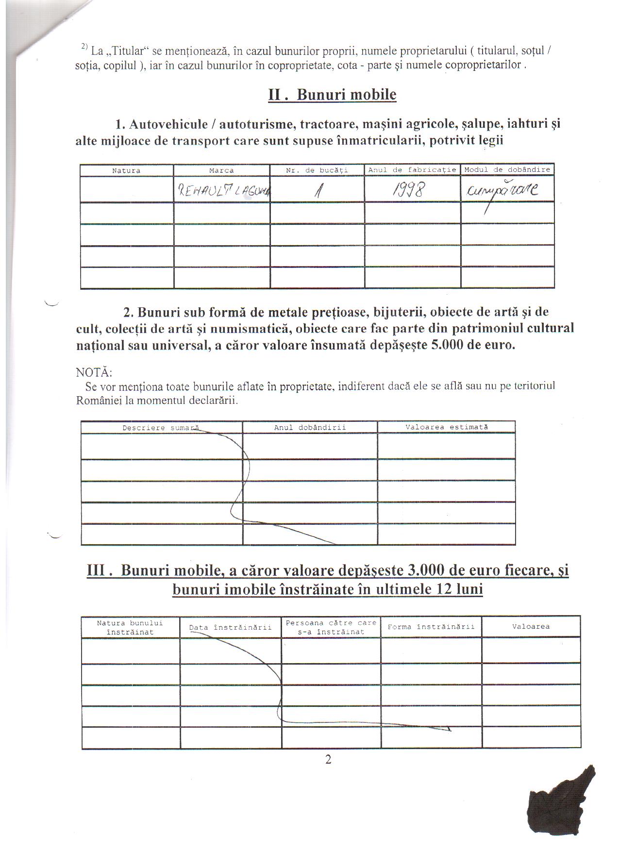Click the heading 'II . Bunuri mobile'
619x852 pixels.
click(x=332, y=95)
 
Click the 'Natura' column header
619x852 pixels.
click(x=126, y=170)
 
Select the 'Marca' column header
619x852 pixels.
click(x=221, y=170)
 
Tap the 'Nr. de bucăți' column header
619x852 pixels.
click(x=317, y=170)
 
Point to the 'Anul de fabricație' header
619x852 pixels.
click(x=412, y=170)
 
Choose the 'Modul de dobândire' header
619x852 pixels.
click(x=507, y=170)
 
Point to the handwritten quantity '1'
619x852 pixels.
click(x=318, y=190)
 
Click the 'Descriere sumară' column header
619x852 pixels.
click(x=161, y=428)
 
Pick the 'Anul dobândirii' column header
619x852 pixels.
click(x=310, y=428)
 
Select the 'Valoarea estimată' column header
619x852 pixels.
click(x=447, y=427)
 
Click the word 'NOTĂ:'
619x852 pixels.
click(x=94, y=373)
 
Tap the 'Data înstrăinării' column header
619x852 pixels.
click(x=230, y=627)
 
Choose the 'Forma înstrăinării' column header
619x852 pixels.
click(x=431, y=627)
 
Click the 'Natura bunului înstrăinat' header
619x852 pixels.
click(x=130, y=627)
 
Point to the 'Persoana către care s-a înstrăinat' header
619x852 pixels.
click(x=331, y=627)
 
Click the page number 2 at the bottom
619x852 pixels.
click(x=328, y=760)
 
